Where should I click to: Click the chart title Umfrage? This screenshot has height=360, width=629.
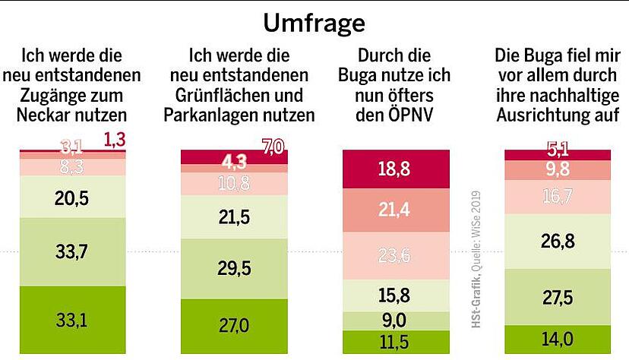[314, 24]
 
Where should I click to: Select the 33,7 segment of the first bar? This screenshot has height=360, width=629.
[73, 251]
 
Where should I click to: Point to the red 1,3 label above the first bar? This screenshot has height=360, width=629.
[113, 139]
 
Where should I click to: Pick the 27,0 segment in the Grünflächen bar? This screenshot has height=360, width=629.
[235, 326]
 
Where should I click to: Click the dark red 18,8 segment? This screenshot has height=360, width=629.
[396, 169]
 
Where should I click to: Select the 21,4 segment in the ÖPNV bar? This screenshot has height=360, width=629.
[396, 210]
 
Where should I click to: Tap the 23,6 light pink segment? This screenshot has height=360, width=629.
[396, 256]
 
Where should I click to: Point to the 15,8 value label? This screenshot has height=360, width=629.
[396, 294]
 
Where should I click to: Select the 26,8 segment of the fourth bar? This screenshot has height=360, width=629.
[558, 242]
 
